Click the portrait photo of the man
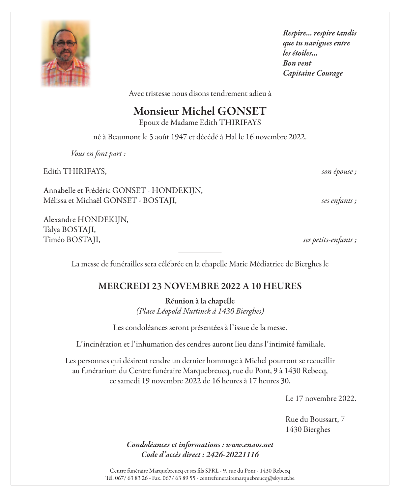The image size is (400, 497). [x=66, y=54]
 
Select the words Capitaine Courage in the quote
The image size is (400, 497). [x=313, y=73]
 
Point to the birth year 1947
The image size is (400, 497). [x=179, y=137]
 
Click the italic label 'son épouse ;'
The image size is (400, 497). [x=339, y=172]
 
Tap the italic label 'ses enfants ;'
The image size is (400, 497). [x=339, y=201]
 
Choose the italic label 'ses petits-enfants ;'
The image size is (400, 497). [x=329, y=240]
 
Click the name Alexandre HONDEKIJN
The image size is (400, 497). [x=86, y=220]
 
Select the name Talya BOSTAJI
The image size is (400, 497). [x=69, y=230]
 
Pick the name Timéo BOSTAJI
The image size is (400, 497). [x=71, y=240]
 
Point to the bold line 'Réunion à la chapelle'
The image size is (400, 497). [x=200, y=301]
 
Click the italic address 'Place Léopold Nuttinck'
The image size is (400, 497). [x=175, y=311]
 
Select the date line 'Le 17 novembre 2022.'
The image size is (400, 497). [x=321, y=399]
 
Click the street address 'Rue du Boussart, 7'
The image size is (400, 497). [x=315, y=419]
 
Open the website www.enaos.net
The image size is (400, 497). [x=250, y=445]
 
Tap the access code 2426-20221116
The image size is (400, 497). [x=232, y=455]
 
